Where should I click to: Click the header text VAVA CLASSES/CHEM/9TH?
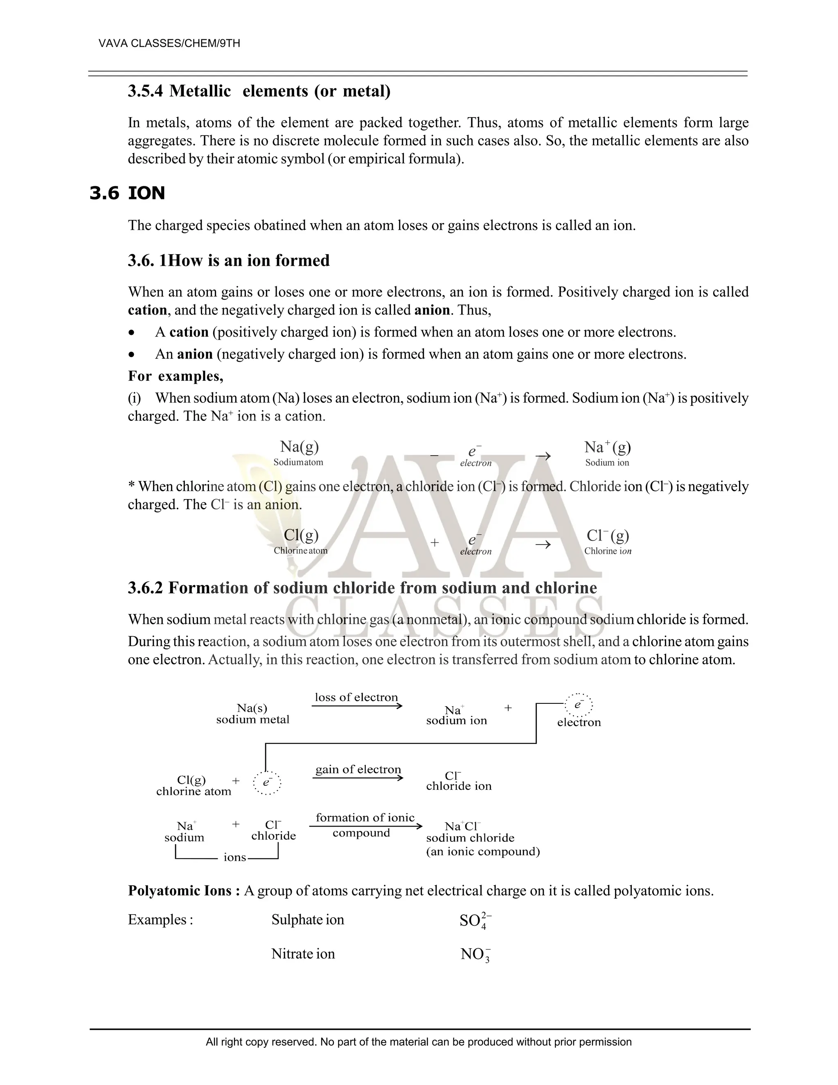(169, 43)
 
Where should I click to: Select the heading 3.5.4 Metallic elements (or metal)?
(259, 91)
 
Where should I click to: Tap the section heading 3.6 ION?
(127, 193)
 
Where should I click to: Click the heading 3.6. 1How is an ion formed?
(228, 260)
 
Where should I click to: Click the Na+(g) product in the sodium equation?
(607, 447)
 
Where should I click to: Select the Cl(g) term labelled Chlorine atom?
(301, 535)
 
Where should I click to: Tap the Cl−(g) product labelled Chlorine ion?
(608, 536)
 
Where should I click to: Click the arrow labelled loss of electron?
(356, 706)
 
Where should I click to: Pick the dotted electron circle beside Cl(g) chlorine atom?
(267, 782)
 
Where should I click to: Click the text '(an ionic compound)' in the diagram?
(482, 852)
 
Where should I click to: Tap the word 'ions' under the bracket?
(235, 857)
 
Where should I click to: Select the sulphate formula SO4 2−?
(475, 920)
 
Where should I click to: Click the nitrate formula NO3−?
(475, 954)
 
